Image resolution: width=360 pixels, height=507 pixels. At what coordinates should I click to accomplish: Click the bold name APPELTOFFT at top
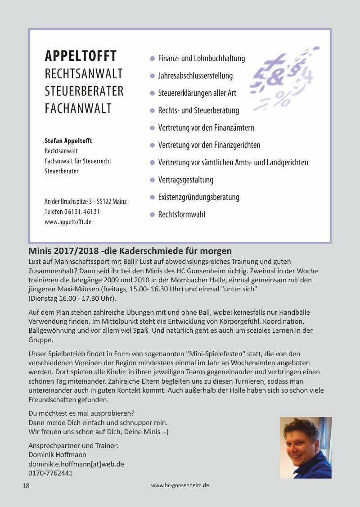pos(81,56)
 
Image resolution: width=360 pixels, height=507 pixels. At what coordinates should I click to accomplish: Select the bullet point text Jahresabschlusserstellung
pos(195,76)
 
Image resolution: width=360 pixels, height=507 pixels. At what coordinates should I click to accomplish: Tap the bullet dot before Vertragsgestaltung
pos(152,180)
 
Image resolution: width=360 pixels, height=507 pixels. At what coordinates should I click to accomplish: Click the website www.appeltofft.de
pos(68,222)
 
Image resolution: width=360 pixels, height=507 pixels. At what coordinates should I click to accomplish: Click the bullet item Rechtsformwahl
pos(181,214)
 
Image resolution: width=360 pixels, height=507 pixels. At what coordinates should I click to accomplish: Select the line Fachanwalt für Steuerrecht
pos(78,161)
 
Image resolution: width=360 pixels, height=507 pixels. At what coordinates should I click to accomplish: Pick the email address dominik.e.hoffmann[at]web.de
pos(76,464)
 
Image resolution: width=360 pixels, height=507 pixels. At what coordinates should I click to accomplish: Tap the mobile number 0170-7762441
pos(50,473)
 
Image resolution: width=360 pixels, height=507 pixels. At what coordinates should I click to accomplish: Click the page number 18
pos(26,486)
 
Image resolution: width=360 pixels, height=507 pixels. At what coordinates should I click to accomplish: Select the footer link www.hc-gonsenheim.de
pos(180,485)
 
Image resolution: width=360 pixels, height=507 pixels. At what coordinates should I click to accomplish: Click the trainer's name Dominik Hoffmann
pos(57,455)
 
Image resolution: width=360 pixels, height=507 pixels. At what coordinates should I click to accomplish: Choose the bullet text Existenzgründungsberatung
pos(198,197)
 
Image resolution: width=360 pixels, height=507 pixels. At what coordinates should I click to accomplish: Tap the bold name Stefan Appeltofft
pos(68,141)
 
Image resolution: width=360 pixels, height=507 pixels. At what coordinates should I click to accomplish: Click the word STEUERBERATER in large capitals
pos(84,91)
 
